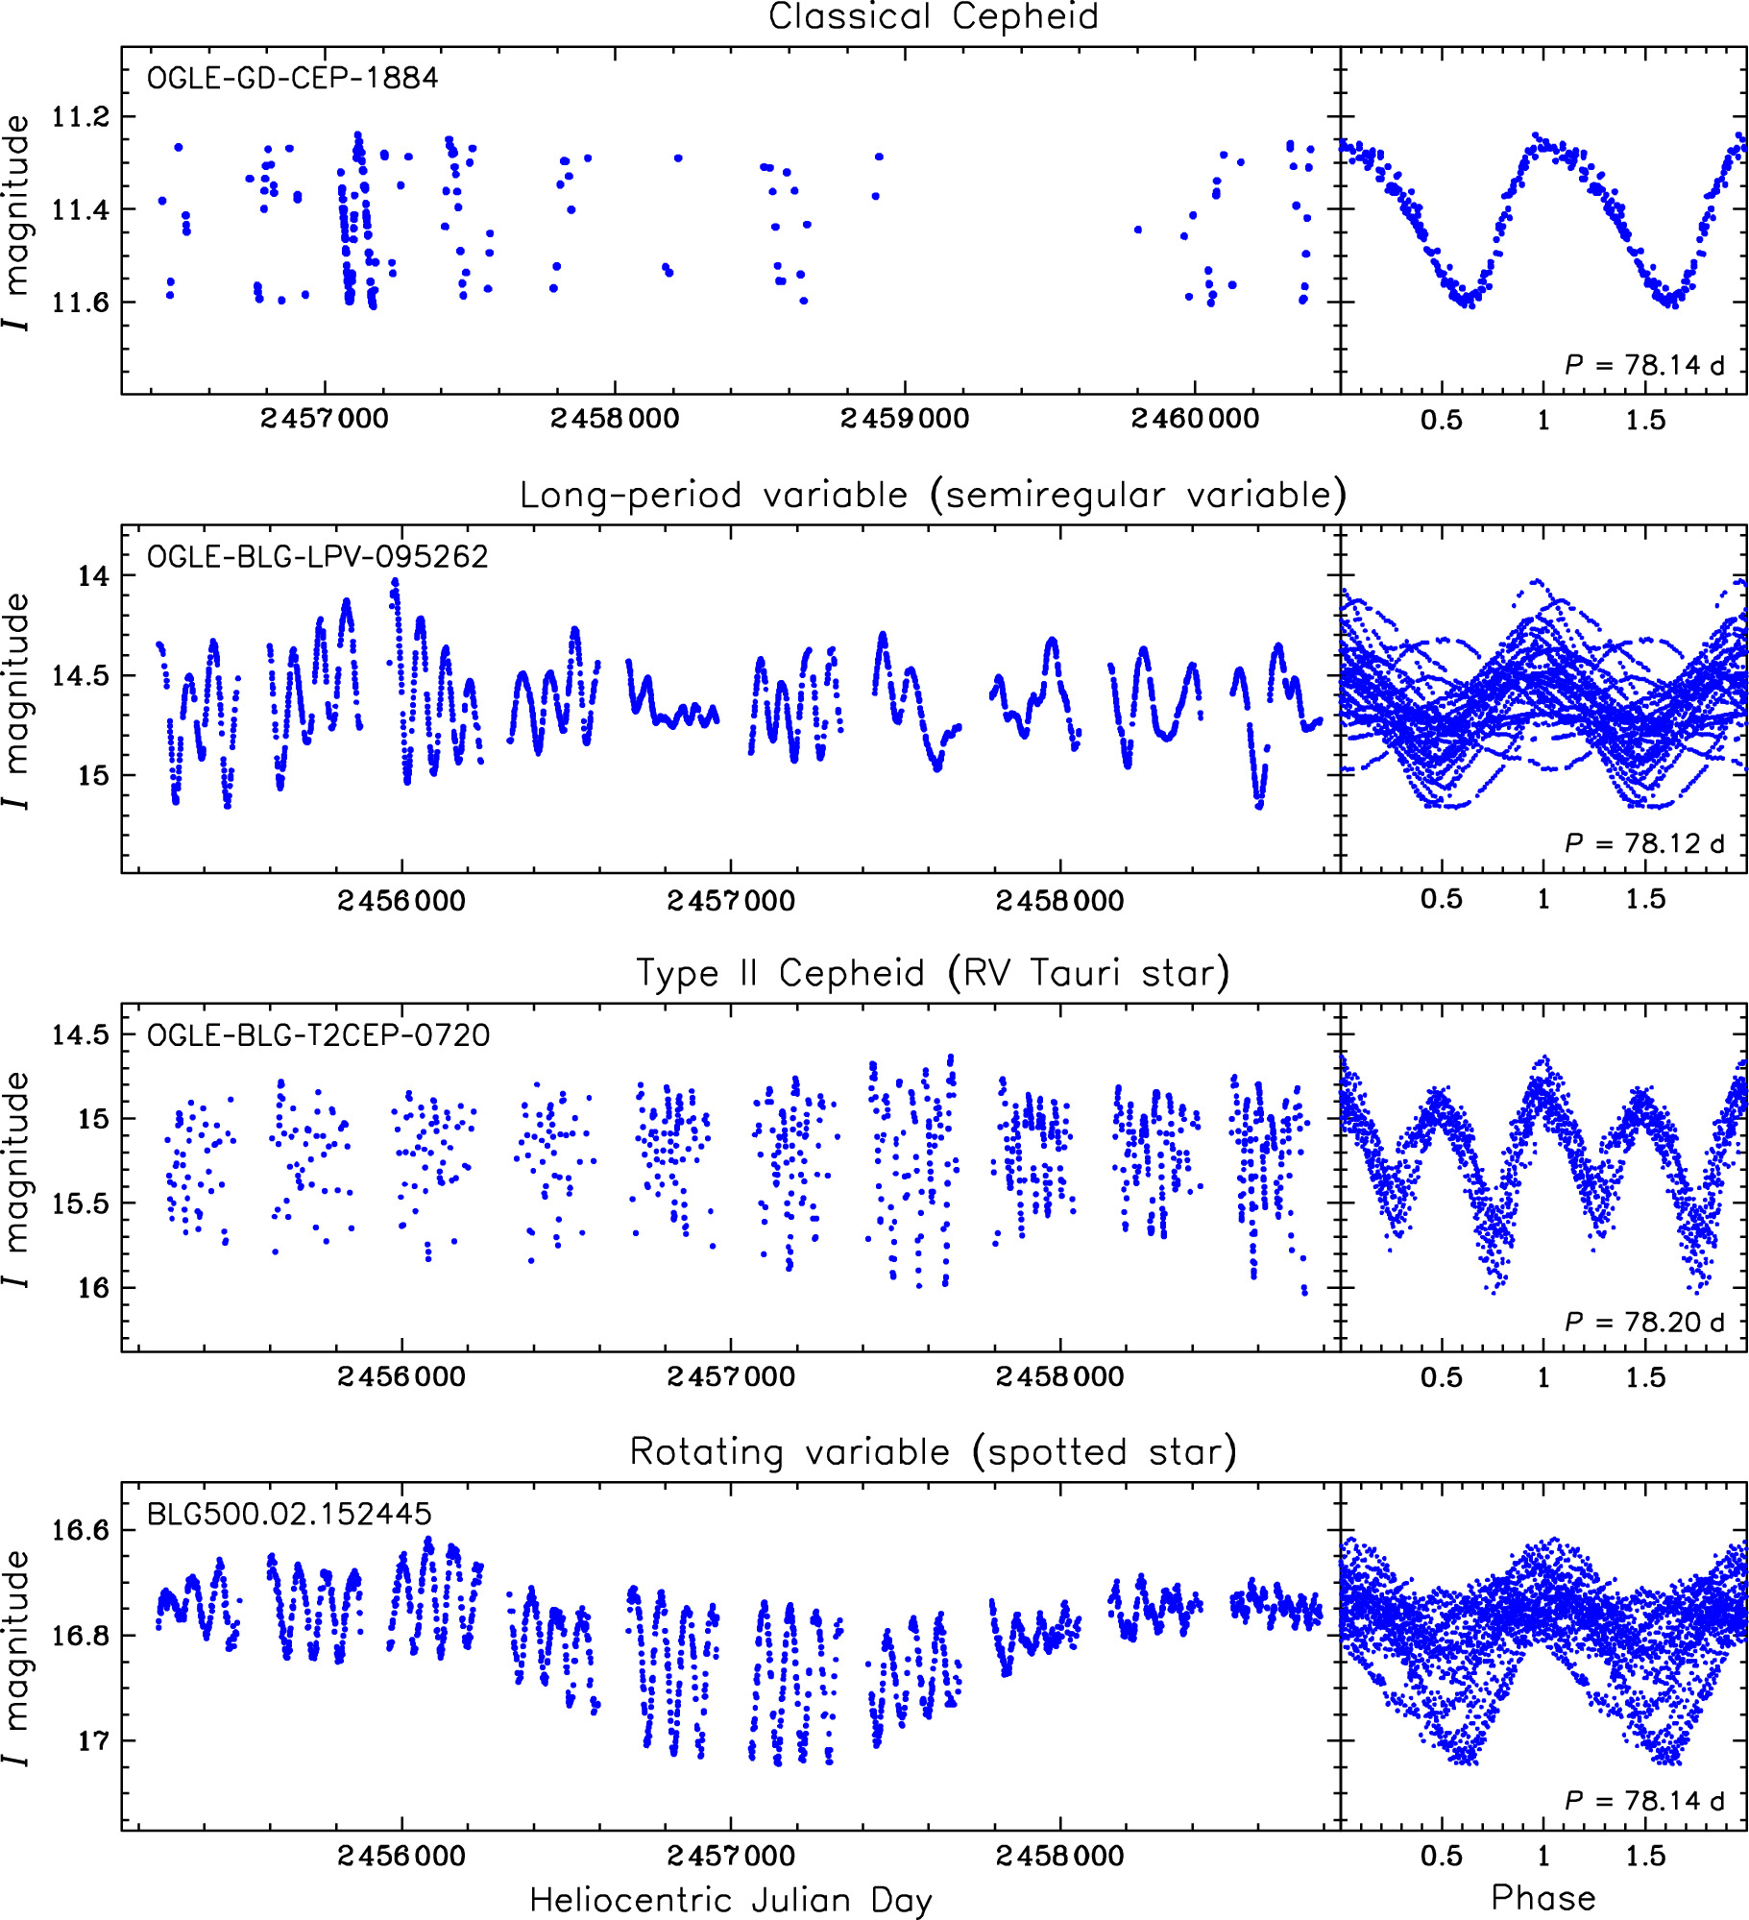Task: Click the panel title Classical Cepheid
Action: pyautogui.click(x=933, y=17)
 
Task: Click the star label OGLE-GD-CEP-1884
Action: pyautogui.click(x=292, y=78)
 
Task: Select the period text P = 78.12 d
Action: pyautogui.click(x=1644, y=843)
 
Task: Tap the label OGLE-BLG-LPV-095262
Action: pyautogui.click(x=317, y=557)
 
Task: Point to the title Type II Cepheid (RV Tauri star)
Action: pyautogui.click(x=933, y=973)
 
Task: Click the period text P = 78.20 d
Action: pyautogui.click(x=1644, y=1322)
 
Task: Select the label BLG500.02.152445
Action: pyautogui.click(x=289, y=1514)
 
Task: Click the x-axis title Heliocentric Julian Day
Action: pyautogui.click(x=730, y=1899)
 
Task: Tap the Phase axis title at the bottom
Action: pyautogui.click(x=1543, y=1897)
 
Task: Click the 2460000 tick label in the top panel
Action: pyautogui.click(x=1195, y=419)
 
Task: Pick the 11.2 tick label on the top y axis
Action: pyautogui.click(x=81, y=117)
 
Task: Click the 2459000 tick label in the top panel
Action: pyautogui.click(x=905, y=419)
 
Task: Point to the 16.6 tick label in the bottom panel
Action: pyautogui.click(x=81, y=1530)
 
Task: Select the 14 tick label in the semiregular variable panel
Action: pyautogui.click(x=94, y=576)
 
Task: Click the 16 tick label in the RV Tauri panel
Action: pyautogui.click(x=94, y=1288)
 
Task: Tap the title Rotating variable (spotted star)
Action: pyautogui.click(x=933, y=1451)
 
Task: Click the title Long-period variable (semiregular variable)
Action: pyautogui.click(x=933, y=495)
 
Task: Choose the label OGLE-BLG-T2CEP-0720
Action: pyautogui.click(x=318, y=1035)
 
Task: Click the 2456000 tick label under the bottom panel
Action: pyautogui.click(x=401, y=1856)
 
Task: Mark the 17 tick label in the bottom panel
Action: pyautogui.click(x=94, y=1740)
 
